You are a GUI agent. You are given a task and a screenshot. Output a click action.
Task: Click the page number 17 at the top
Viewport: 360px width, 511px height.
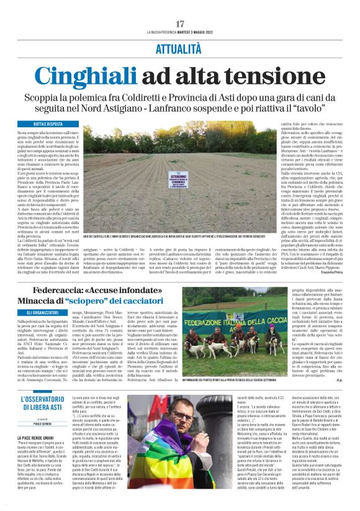[180, 24]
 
